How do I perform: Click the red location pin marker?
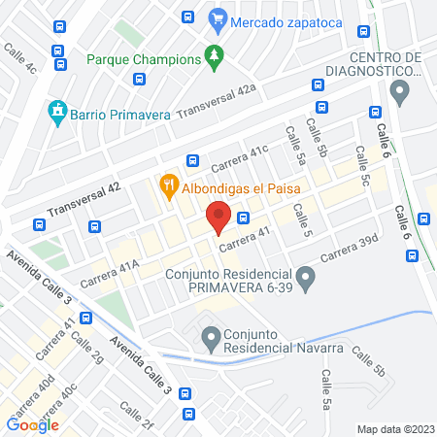coord(218,216)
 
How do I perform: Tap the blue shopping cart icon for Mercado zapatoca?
coord(218,17)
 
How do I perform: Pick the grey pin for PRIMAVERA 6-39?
coord(307,282)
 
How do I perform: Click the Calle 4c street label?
coord(19,58)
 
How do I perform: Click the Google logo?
coord(33,424)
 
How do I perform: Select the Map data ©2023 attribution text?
coord(394,428)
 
